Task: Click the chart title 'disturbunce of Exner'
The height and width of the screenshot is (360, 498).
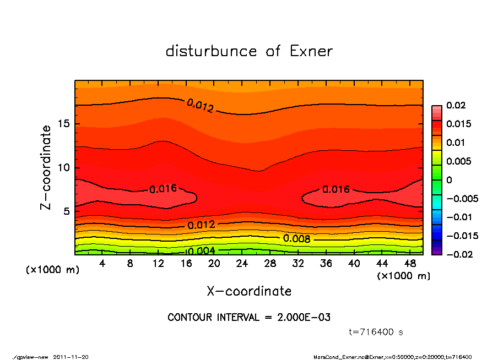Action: (249, 51)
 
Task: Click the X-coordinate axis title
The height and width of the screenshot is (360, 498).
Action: (249, 291)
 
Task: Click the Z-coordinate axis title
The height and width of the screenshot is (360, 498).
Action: (46, 167)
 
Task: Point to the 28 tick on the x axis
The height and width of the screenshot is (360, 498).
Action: (270, 264)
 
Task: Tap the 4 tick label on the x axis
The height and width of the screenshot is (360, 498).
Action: (102, 264)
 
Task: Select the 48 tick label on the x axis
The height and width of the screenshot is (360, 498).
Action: (410, 264)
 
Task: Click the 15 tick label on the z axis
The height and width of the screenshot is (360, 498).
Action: (64, 124)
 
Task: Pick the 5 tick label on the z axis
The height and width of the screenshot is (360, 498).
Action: (67, 211)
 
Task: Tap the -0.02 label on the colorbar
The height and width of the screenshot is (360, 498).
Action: (458, 254)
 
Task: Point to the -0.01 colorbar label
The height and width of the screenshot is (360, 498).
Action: (458, 217)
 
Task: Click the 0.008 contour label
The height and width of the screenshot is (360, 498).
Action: (297, 239)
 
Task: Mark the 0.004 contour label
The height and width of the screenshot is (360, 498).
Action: (201, 252)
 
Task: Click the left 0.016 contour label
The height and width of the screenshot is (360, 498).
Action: (163, 189)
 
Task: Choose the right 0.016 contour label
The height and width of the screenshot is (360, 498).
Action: (336, 189)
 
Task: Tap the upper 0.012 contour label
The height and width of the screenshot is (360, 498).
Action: (200, 106)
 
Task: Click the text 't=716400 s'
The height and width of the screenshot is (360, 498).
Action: (376, 332)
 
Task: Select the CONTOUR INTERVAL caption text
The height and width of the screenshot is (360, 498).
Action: (249, 318)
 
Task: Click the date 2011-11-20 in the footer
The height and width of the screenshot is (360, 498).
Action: (71, 357)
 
